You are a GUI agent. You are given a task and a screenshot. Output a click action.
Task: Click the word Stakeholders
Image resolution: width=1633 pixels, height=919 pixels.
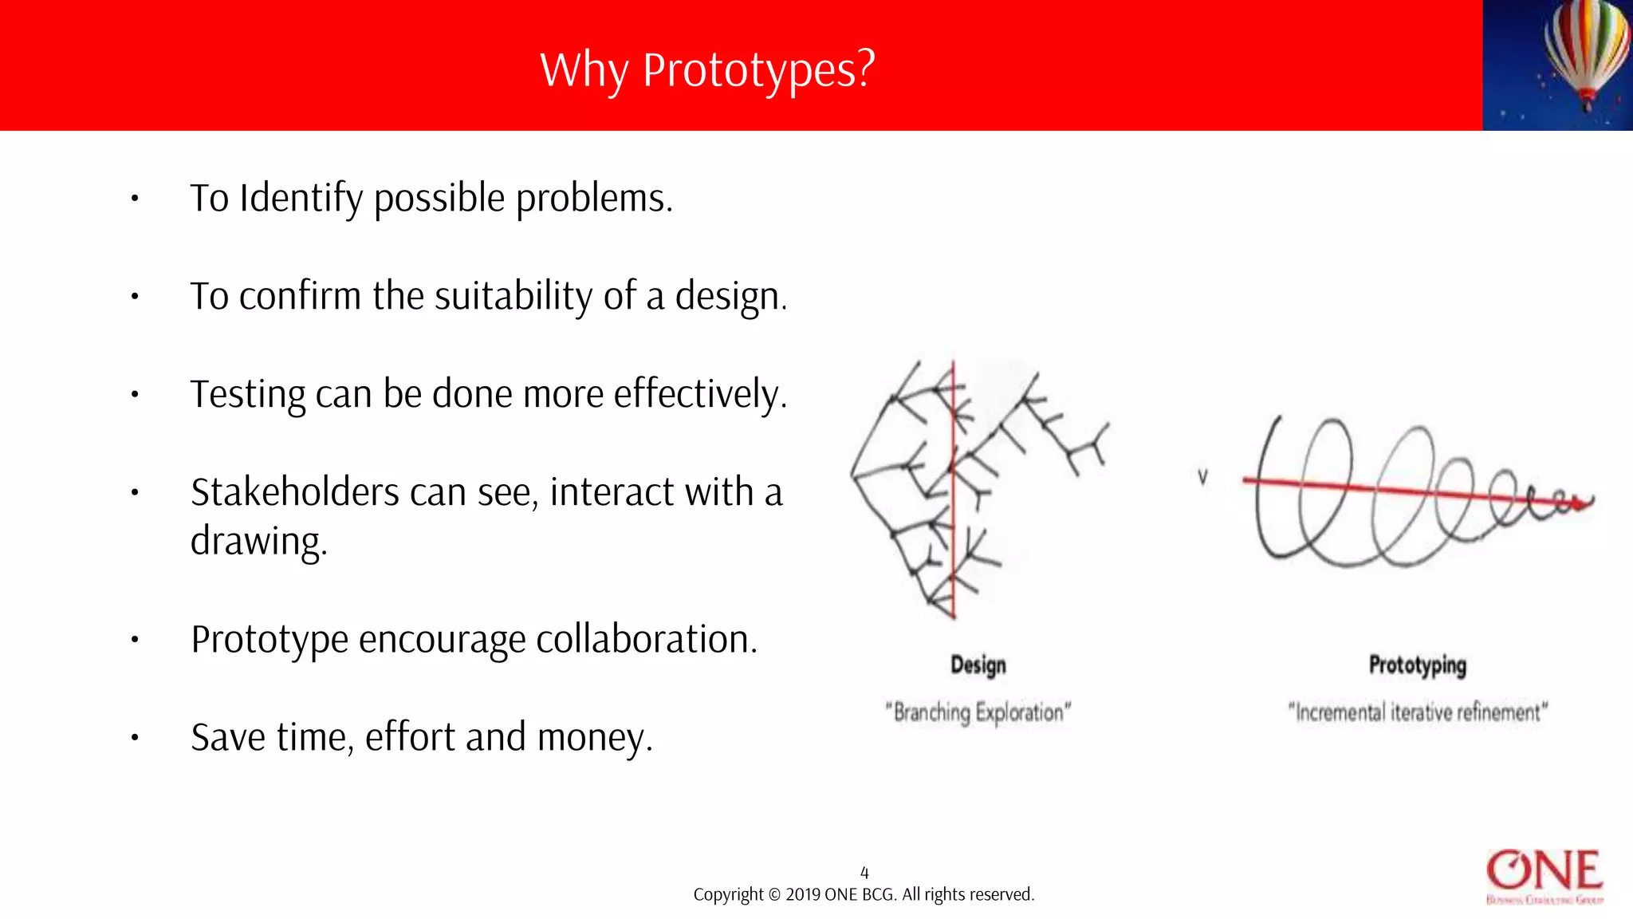(x=294, y=492)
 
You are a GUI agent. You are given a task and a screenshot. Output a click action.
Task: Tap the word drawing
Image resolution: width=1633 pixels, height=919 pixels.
(x=258, y=542)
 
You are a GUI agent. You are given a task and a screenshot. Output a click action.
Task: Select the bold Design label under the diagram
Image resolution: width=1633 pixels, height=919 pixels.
(x=978, y=665)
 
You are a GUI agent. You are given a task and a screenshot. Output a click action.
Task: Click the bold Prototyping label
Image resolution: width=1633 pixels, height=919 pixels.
(x=1417, y=665)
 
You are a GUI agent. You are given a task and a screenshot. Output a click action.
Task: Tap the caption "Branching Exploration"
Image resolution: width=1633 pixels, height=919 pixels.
(x=978, y=712)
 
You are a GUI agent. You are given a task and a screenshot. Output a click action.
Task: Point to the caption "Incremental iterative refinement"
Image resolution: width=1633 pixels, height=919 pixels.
(x=1417, y=712)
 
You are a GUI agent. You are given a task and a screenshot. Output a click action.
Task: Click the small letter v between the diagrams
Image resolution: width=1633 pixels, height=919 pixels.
(x=1202, y=477)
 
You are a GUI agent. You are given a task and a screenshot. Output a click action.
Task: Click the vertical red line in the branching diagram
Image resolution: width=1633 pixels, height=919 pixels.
(x=953, y=495)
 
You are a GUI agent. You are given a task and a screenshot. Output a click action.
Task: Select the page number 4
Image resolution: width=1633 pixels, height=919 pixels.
(x=864, y=873)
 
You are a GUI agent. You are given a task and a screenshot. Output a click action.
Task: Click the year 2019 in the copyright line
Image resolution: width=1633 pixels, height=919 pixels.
(x=803, y=895)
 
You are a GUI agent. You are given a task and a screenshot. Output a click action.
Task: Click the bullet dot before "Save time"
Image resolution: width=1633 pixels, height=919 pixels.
(x=136, y=738)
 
